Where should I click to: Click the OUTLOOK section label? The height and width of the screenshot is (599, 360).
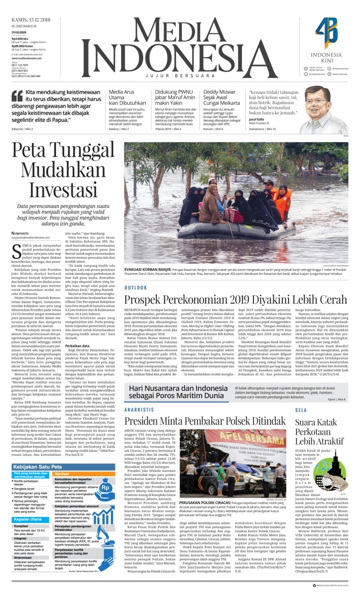click(x=136, y=288)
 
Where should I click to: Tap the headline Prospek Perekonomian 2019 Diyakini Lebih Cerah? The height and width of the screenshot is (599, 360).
click(x=236, y=300)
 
